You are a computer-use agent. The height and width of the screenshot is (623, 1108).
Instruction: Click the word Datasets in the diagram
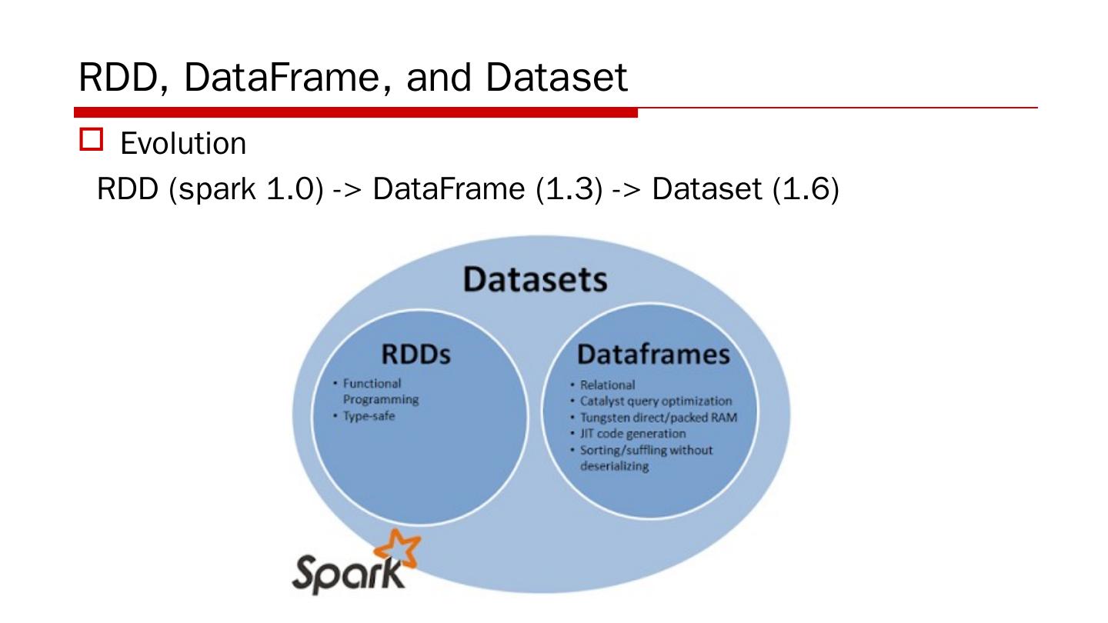[x=535, y=279]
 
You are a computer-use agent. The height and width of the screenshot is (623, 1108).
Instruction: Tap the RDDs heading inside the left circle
[x=415, y=355]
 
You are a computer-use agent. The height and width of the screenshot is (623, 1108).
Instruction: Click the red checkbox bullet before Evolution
[x=91, y=139]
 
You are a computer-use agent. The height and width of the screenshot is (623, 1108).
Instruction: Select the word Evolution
[x=183, y=144]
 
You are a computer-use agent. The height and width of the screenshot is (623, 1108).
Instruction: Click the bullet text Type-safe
[x=369, y=416]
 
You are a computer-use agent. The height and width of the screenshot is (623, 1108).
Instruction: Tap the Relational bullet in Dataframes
[x=607, y=385]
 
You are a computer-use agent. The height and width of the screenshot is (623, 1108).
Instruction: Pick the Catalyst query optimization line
[x=656, y=401]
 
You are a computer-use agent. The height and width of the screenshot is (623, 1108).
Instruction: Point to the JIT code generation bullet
[x=632, y=433]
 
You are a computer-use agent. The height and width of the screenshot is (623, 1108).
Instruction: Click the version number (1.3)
[x=569, y=188]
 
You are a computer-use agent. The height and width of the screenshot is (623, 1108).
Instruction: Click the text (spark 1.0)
[x=245, y=188]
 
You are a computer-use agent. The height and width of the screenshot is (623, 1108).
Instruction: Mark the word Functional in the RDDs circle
[x=372, y=383]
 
